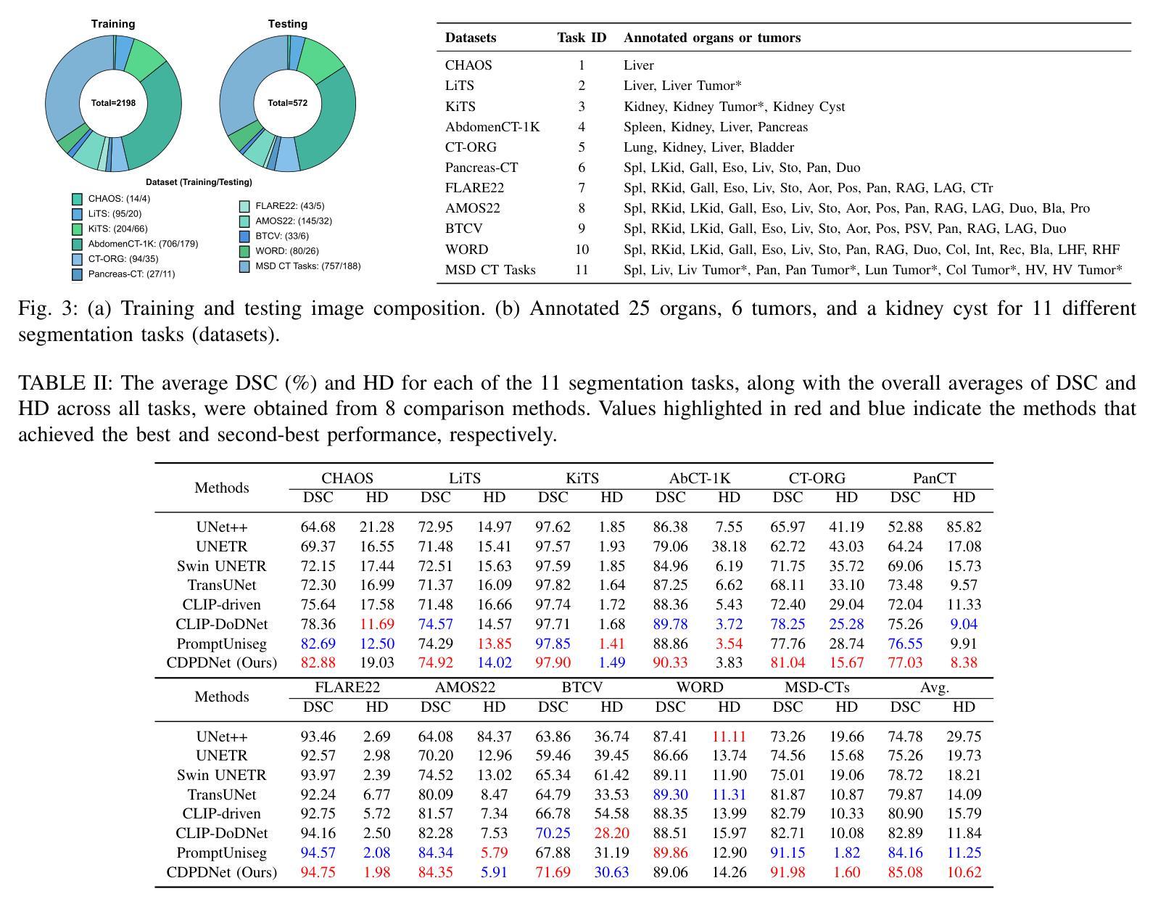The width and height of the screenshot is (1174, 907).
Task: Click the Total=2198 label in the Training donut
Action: click(x=113, y=103)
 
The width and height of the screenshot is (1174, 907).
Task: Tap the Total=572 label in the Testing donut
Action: click(x=288, y=103)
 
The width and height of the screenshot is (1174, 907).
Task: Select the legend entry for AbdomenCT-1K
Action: click(x=142, y=244)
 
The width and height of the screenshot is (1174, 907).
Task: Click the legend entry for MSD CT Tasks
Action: click(x=307, y=266)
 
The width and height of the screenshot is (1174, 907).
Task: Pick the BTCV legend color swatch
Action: click(x=244, y=237)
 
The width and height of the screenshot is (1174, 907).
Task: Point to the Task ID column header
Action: click(x=582, y=38)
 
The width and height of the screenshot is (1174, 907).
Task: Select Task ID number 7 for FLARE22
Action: click(x=582, y=188)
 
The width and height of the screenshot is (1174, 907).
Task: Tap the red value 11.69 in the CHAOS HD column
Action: click(x=376, y=624)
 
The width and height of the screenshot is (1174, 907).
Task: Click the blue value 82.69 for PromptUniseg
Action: click(x=318, y=644)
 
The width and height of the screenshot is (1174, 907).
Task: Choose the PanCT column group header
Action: click(x=934, y=478)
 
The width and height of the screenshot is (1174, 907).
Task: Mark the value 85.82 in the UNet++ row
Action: click(x=964, y=527)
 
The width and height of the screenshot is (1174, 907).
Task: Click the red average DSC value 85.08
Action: click(x=905, y=872)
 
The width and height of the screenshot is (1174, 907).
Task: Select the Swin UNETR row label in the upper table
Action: click(x=221, y=566)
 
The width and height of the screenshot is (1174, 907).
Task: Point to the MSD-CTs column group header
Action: click(x=817, y=687)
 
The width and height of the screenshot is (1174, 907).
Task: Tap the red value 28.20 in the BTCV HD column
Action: click(x=611, y=833)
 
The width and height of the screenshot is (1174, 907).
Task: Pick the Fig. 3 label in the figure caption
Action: click(x=48, y=308)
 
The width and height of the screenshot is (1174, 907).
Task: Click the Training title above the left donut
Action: click(x=113, y=24)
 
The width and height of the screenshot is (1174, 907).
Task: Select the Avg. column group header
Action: click(x=934, y=687)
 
